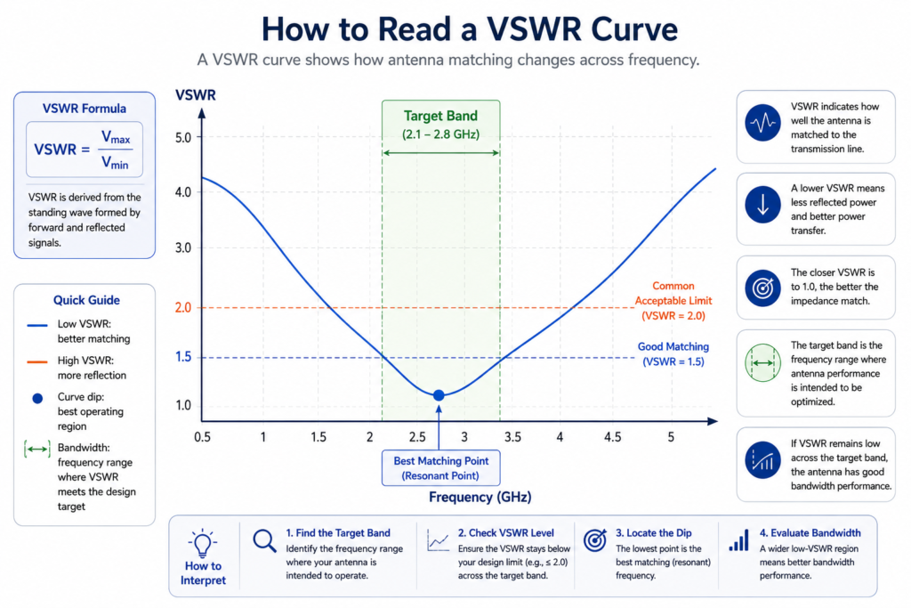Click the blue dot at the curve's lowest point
pyautogui.click(x=439, y=395)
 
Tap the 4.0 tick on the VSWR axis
pyautogui.click(x=183, y=191)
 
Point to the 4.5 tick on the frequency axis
pyautogui.click(x=612, y=437)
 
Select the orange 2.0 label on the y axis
pyautogui.click(x=183, y=307)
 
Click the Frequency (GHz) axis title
pyautogui.click(x=480, y=497)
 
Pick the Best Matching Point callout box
pyautogui.click(x=441, y=468)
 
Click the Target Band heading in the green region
pyautogui.click(x=440, y=116)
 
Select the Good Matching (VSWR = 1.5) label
pyautogui.click(x=673, y=354)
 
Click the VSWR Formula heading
pyautogui.click(x=85, y=109)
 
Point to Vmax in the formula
pyautogui.click(x=116, y=138)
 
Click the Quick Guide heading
pyautogui.click(x=86, y=300)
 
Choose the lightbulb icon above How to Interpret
pyautogui.click(x=202, y=543)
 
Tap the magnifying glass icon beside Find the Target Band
pyautogui.click(x=264, y=540)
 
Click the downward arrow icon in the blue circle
pyautogui.click(x=762, y=205)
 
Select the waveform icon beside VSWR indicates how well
pyautogui.click(x=762, y=123)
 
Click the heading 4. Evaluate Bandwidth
pyautogui.click(x=810, y=533)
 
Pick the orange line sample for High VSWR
pyautogui.click(x=37, y=361)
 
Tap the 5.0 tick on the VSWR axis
pyautogui.click(x=183, y=138)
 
